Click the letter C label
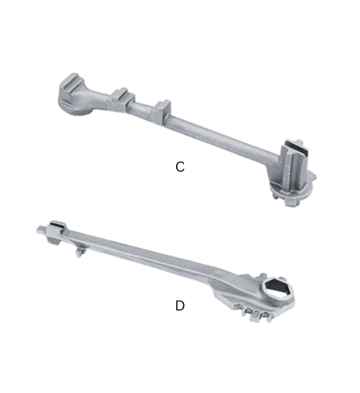coord(180,167)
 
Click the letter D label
coord(180,305)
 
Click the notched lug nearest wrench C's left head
coord(121,99)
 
